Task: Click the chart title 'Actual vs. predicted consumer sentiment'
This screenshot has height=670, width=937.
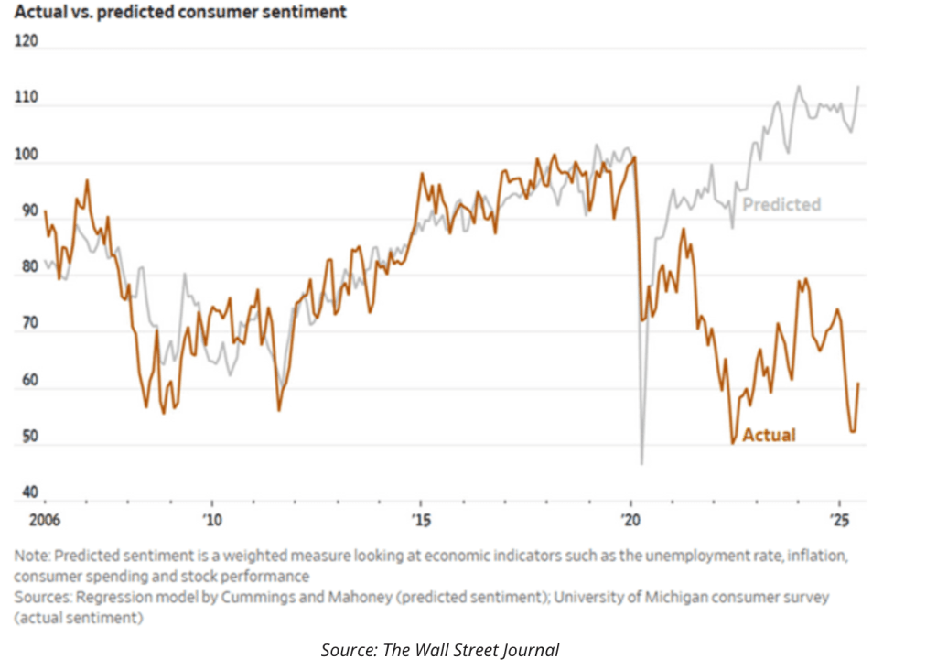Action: pos(180,14)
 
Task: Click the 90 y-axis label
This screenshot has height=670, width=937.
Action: pos(27,211)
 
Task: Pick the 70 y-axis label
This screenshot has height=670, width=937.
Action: pos(27,324)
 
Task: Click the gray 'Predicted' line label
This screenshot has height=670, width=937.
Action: pos(781,205)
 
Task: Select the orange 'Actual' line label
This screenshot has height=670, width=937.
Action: pos(769,436)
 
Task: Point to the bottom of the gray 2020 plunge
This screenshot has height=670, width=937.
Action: pos(641,463)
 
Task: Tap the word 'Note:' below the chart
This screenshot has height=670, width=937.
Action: pos(33,556)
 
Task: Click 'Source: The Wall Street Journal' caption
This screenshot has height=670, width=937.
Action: pos(439,650)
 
